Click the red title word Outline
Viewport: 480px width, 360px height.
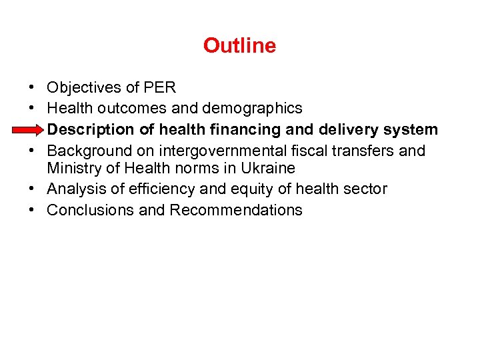click(x=239, y=45)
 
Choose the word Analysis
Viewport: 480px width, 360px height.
click(x=74, y=189)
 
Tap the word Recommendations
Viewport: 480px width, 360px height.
click(x=236, y=210)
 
